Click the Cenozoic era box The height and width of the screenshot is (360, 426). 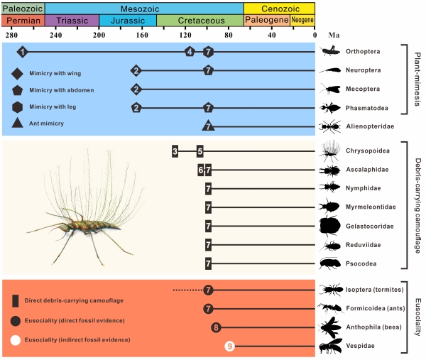279,7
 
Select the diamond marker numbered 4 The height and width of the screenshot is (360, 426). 189,52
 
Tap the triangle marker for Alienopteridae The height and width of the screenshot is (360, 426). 208,126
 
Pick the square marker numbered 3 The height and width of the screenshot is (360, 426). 175,151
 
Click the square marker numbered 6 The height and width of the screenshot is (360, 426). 201,170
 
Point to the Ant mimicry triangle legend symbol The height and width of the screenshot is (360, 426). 17,124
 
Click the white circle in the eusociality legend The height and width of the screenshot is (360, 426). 16,340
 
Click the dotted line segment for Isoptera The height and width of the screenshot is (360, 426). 187,290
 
